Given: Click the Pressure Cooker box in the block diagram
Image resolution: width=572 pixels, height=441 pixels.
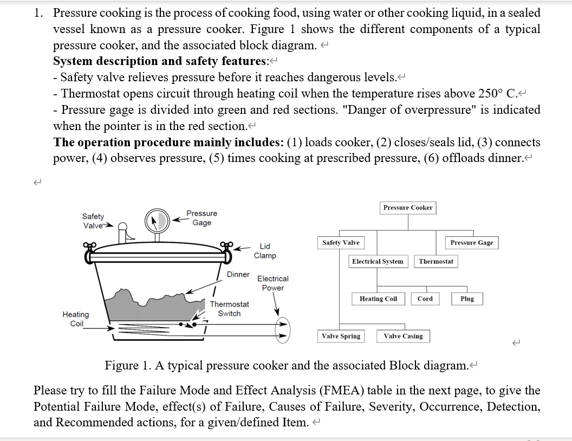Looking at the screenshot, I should pyautogui.click(x=408, y=207).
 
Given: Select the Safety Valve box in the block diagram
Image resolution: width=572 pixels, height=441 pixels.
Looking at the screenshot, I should pyautogui.click(x=341, y=243).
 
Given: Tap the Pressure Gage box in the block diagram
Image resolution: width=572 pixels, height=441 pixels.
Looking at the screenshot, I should pyautogui.click(x=472, y=243).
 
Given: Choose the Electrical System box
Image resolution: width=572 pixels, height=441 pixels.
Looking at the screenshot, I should pyautogui.click(x=378, y=262).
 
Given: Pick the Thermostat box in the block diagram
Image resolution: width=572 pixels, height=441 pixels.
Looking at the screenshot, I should pyautogui.click(x=436, y=262).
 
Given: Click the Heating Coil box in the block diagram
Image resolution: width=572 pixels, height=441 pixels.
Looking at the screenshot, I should pyautogui.click(x=378, y=299).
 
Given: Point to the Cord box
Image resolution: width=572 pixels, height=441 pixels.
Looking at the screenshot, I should pyautogui.click(x=425, y=299).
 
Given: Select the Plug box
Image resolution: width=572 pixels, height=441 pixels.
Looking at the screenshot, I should pyautogui.click(x=467, y=299).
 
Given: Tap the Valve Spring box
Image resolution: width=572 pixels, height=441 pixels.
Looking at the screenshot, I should pyautogui.click(x=341, y=336).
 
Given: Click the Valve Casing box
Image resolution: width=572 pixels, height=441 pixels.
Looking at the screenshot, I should pyautogui.click(x=403, y=336).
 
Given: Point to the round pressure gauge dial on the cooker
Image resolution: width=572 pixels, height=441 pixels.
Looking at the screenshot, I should pyautogui.click(x=157, y=220).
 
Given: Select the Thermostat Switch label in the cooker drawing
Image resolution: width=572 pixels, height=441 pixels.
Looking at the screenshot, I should pyautogui.click(x=229, y=309).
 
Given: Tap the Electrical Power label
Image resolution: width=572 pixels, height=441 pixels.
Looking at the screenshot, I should pyautogui.click(x=272, y=283).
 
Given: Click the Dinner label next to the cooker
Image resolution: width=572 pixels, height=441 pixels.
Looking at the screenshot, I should pyautogui.click(x=238, y=274).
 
